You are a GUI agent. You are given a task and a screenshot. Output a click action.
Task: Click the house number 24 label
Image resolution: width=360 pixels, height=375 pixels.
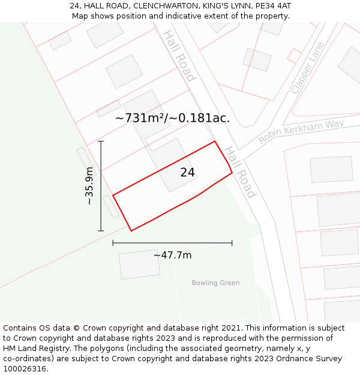coord(188,173)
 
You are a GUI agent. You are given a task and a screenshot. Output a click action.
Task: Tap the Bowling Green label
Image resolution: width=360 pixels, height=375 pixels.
coord(215,283)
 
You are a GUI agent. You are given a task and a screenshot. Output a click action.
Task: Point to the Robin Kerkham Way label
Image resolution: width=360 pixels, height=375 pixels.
coord(301,131)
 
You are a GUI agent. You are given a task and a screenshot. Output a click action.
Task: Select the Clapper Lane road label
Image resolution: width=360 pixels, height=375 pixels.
coord(307,68)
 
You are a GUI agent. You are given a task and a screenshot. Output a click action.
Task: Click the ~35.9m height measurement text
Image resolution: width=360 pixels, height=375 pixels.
coord(89,186)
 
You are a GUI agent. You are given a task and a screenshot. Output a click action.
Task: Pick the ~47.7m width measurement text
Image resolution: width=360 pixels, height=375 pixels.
coord(172,255)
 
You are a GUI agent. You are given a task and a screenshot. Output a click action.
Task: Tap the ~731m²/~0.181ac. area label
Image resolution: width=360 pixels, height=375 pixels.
coord(172,118)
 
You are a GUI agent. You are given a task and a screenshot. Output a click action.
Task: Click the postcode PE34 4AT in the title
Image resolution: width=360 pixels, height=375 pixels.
coord(271,5)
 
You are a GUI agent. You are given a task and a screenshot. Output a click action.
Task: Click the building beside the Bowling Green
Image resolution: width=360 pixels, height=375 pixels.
coord(139,265)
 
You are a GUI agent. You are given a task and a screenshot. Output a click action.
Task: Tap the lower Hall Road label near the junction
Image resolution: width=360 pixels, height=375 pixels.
coord(239,173)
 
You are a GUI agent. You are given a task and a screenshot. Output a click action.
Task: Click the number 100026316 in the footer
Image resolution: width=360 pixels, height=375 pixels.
coord(25,369)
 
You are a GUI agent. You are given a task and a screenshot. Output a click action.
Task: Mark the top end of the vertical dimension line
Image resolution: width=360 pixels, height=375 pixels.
coord(101,142)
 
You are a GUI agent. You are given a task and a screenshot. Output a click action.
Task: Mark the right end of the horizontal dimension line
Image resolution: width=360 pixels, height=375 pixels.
coord(232,243)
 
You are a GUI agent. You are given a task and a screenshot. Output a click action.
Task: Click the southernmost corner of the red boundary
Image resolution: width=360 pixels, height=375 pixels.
coord(131,230)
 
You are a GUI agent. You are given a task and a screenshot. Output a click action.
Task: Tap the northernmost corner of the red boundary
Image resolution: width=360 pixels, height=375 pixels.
coord(215,142)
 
